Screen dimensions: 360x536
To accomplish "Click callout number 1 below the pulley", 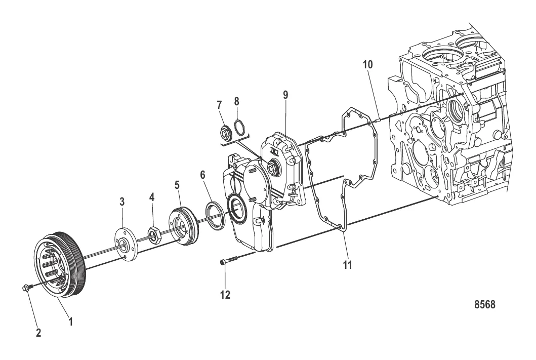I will [70, 321].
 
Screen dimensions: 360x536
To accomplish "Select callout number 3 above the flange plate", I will [122, 202].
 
